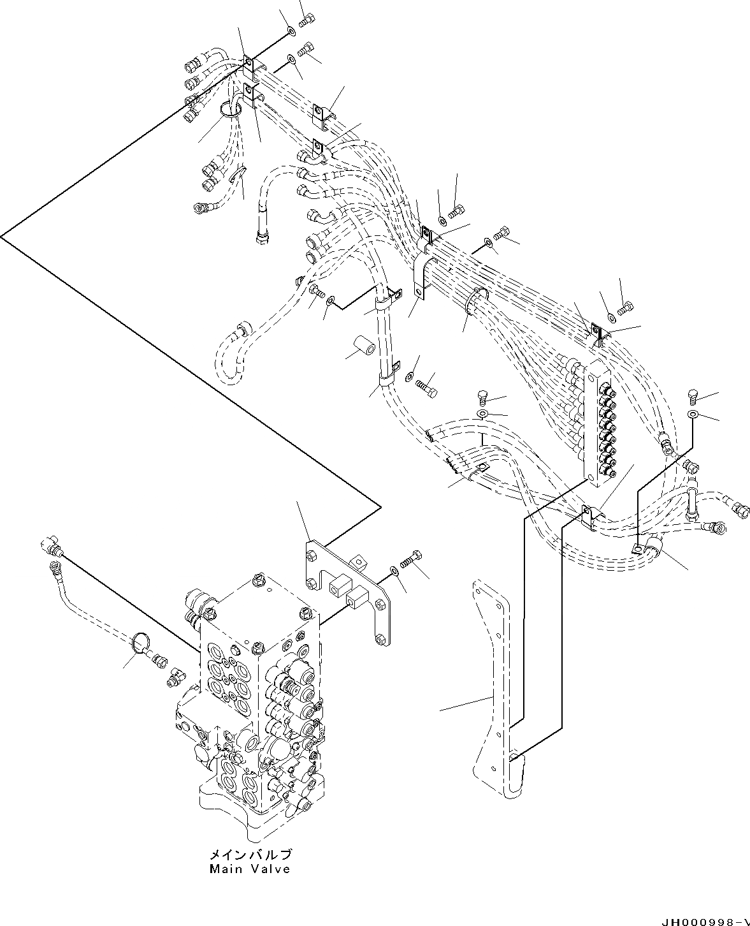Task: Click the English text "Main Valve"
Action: tap(249, 869)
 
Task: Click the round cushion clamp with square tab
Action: tap(650, 545)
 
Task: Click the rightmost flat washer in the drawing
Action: tap(693, 415)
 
